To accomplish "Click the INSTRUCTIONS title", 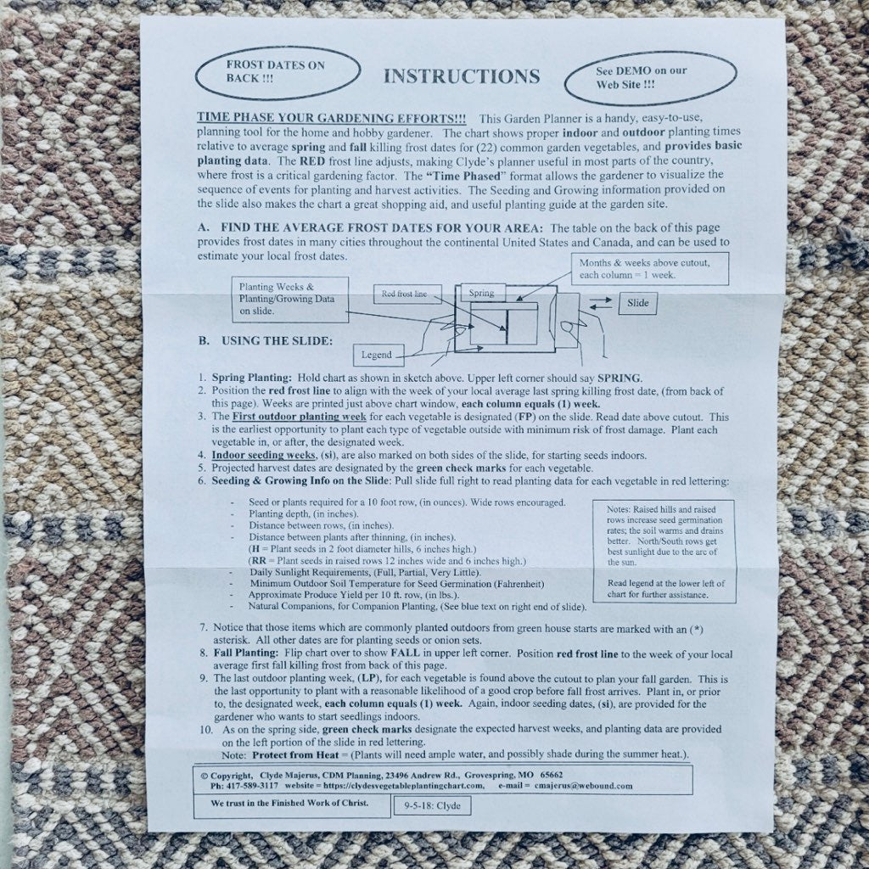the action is click(462, 76).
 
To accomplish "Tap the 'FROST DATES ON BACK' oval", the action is click(278, 73).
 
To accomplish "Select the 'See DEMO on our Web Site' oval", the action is click(650, 78).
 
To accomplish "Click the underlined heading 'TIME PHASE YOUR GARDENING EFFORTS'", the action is click(332, 119).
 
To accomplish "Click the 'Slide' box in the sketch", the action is click(637, 303).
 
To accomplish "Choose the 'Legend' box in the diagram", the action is click(378, 355).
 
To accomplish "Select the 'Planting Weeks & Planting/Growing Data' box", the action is click(290, 300).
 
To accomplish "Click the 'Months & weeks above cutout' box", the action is click(649, 269).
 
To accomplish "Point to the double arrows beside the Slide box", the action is click(600, 304).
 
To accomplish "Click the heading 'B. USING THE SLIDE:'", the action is click(266, 341).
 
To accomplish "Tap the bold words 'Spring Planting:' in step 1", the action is click(251, 378).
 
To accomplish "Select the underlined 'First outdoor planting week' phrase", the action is click(300, 417).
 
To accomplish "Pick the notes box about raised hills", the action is click(664, 551).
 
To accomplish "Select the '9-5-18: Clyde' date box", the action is click(432, 806).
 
